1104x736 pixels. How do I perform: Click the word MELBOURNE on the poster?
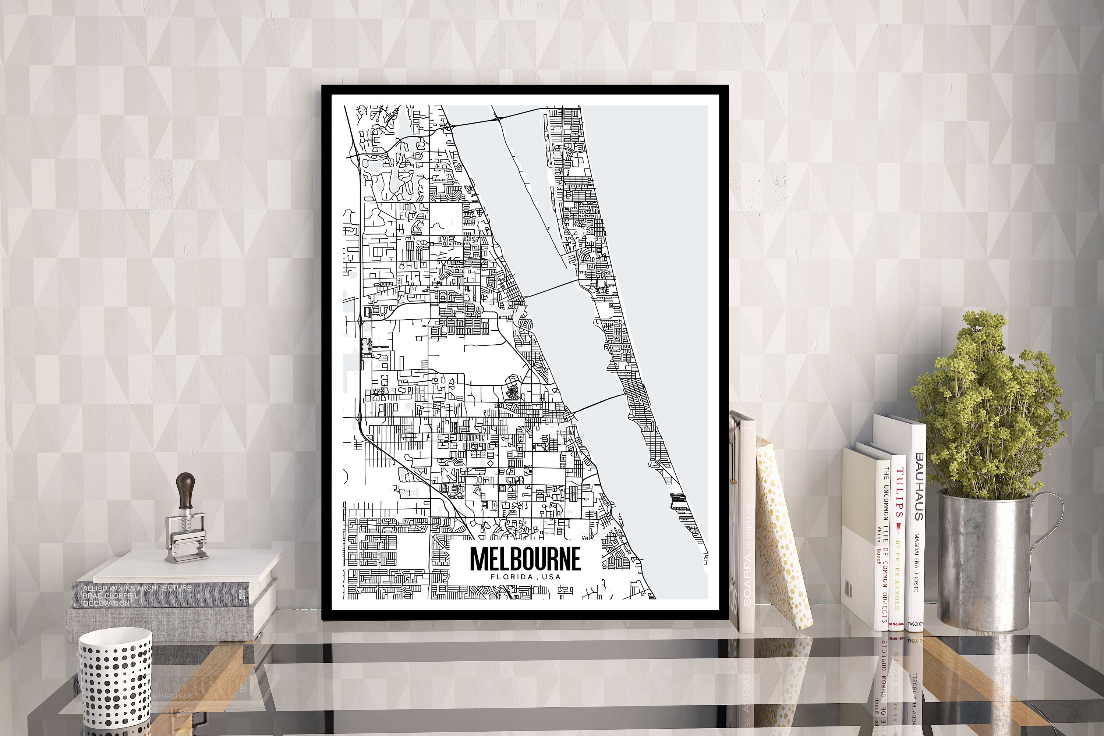coord(525,559)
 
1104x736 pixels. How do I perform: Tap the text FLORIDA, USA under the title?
coord(525,577)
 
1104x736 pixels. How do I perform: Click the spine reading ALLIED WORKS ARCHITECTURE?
coord(137,588)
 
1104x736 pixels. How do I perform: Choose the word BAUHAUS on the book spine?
coord(919,486)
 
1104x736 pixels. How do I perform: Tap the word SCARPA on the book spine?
coord(747,580)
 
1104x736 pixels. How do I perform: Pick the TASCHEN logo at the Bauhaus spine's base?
coord(916,624)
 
